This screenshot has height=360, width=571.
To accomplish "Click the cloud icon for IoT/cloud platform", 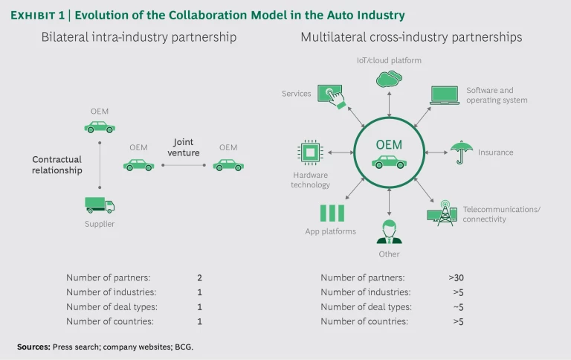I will (389, 77).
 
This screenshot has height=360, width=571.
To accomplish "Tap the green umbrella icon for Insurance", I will (462, 151).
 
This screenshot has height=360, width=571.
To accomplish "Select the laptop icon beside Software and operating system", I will (445, 95).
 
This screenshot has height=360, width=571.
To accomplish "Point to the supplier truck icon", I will (100, 205).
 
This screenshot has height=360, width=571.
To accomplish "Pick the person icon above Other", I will (388, 231).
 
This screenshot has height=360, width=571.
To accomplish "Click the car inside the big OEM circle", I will (388, 161).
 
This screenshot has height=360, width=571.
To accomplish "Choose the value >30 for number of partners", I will (457, 277).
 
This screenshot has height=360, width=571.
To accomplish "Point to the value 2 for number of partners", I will (199, 277).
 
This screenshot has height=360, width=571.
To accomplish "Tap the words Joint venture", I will (184, 147).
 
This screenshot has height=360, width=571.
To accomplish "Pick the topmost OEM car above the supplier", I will (100, 127).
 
